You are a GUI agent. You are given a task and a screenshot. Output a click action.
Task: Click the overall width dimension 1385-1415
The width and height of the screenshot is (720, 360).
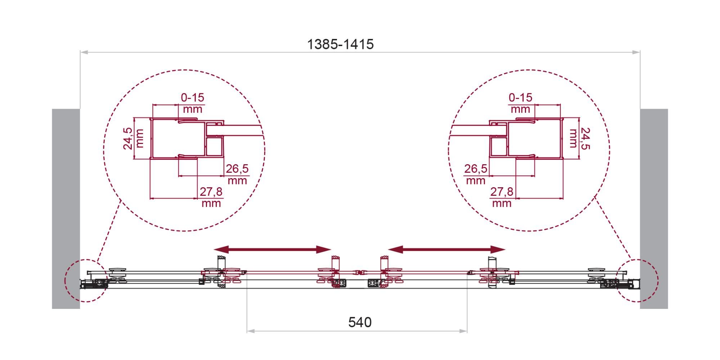pos(340,44)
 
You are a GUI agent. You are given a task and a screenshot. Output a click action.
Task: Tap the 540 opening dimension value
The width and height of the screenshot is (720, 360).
pos(360,322)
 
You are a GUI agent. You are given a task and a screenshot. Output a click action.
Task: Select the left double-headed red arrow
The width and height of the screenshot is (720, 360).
pos(273,249)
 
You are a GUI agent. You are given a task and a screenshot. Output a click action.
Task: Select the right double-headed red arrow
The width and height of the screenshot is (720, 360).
pos(447,249)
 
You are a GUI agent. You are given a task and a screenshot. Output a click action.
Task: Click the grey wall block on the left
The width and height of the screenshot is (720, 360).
pos(66,209)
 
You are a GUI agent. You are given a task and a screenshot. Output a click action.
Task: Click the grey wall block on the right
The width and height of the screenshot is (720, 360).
pos(654,209)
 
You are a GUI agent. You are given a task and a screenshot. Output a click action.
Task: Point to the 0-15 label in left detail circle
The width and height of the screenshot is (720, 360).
pos(193,98)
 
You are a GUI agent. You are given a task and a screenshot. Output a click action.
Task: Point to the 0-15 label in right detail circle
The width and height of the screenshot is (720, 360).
pos(521,98)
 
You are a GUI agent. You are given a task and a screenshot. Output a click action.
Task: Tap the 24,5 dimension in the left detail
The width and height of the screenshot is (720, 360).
pos(128,138)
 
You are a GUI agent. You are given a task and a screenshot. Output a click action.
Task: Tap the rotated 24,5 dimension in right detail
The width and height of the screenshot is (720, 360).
pos(585,138)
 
